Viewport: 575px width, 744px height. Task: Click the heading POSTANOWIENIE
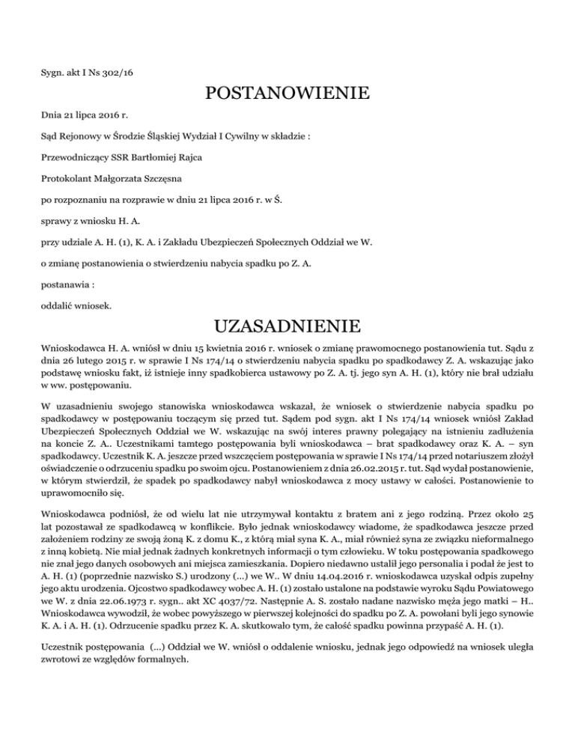[287, 94]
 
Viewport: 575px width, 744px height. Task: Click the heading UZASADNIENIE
[287, 327]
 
